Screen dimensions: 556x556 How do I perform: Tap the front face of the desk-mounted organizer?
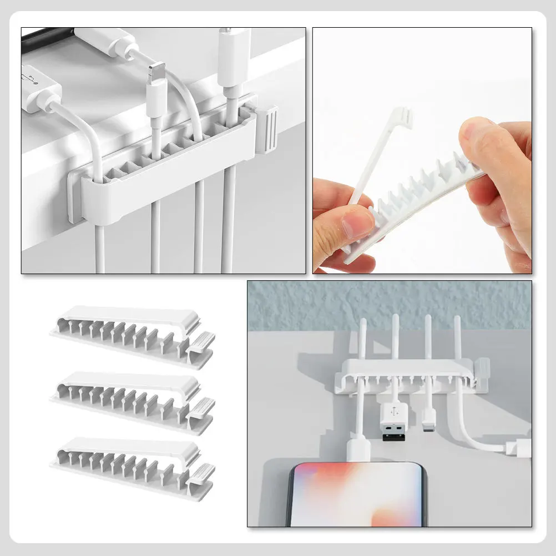pos(166,178)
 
